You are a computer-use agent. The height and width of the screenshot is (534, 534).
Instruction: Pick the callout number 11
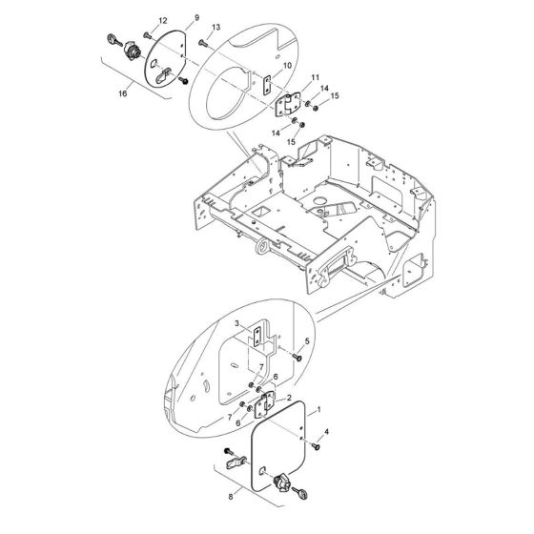click(x=317, y=76)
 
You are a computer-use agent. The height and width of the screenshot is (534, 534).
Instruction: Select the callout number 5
click(x=307, y=341)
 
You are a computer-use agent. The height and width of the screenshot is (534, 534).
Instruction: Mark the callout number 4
click(x=327, y=433)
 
